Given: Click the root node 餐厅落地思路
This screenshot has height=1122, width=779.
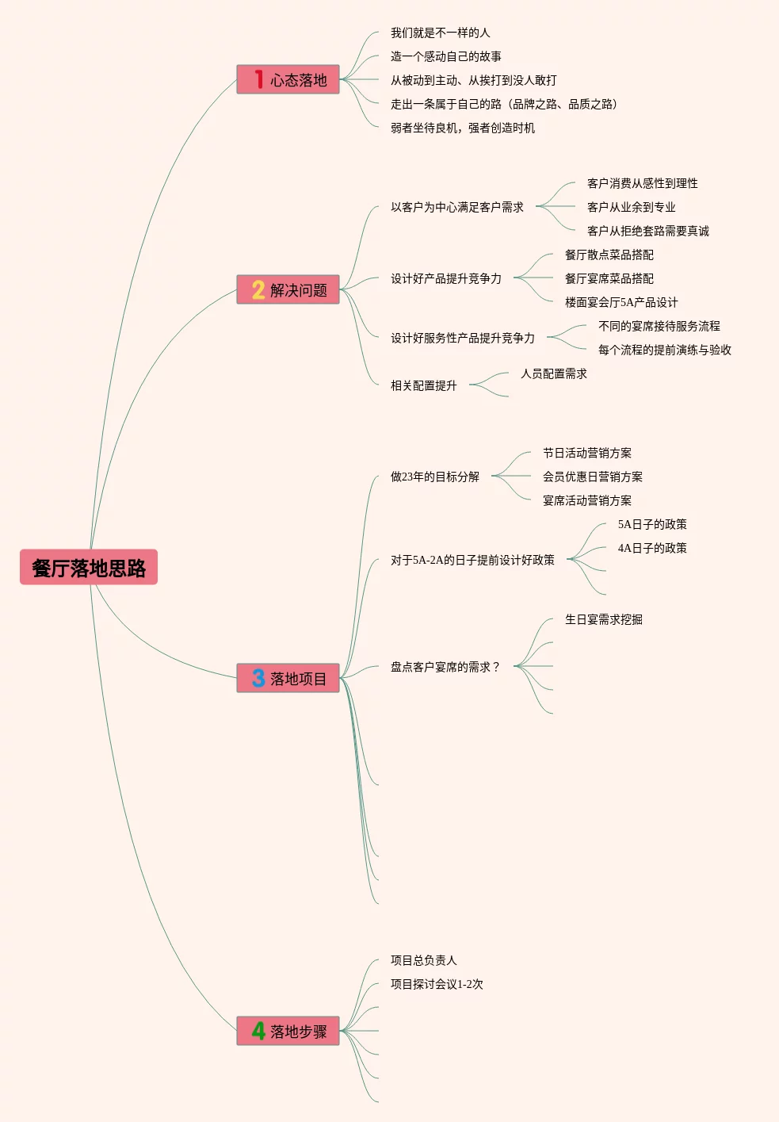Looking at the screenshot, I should [x=89, y=568].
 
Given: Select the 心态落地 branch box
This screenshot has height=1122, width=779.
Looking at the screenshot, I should [x=288, y=80].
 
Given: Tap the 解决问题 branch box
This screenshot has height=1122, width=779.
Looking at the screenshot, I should [x=288, y=290].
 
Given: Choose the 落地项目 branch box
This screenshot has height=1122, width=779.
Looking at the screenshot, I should [x=288, y=679].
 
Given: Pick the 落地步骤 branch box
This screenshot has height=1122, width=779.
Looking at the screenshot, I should [x=288, y=1032].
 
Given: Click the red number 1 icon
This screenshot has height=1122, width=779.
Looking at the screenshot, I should [x=258, y=79].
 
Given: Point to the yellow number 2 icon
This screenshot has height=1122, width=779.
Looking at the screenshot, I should [x=258, y=290].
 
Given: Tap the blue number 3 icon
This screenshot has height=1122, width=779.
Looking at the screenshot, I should [x=258, y=679].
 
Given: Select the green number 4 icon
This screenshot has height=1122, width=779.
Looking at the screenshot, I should [x=258, y=1031].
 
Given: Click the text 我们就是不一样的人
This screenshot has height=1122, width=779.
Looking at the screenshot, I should [x=440, y=33].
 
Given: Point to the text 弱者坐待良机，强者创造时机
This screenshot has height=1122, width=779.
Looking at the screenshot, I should [x=462, y=128].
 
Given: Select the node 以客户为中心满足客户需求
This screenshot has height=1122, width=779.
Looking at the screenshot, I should [x=456, y=208].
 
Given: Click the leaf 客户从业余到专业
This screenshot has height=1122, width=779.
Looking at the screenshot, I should [x=631, y=208].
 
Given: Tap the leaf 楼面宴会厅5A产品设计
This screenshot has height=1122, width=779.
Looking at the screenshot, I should [x=621, y=303].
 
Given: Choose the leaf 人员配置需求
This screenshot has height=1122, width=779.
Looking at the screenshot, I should [x=553, y=374].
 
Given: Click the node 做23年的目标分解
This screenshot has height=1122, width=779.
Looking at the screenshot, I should [x=434, y=477].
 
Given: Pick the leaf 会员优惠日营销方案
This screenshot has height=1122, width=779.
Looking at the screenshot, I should [x=592, y=477].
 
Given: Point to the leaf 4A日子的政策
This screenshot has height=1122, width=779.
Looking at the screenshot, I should [x=651, y=549].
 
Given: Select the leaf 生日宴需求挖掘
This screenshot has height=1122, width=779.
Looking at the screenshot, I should [x=603, y=620].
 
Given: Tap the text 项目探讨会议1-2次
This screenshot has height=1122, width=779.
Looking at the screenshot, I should [x=436, y=985].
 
